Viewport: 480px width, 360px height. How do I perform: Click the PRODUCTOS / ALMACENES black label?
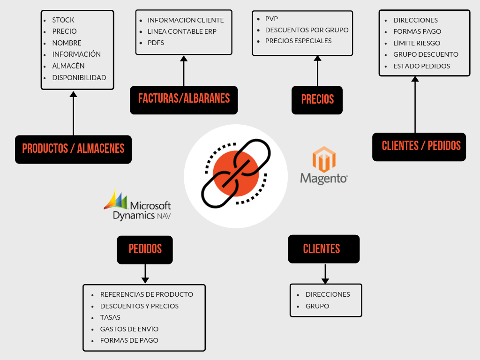73,149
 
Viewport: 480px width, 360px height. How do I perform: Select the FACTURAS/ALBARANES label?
184,99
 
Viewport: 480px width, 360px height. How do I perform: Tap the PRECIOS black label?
317,100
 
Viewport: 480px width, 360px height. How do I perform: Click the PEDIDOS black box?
145,249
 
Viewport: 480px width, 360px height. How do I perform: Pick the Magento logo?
324,165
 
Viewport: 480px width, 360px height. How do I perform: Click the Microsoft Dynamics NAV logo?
137,205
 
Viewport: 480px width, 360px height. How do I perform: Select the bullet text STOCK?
63,20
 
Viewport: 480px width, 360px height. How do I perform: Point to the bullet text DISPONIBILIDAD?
79,78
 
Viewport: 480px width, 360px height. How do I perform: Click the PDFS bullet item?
156,43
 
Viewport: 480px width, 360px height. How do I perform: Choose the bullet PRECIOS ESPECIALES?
298,41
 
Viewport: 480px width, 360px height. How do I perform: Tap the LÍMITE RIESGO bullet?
417,43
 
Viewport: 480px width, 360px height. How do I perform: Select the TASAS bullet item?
110,317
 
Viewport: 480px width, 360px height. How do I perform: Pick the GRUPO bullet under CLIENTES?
317,306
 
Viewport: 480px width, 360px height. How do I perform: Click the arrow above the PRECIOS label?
317,71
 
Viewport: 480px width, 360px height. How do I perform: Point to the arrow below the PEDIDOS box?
145,274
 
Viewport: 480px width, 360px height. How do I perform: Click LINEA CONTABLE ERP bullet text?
182,31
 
